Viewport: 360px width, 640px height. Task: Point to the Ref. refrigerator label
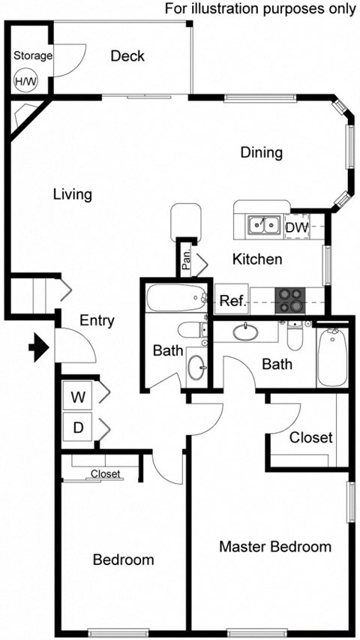(230, 302)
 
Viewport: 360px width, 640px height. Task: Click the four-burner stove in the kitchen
(290, 300)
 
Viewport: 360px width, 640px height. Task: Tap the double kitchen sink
(263, 224)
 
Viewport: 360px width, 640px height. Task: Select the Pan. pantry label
(185, 259)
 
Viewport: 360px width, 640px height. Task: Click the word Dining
(261, 152)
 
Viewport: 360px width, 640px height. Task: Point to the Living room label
(73, 194)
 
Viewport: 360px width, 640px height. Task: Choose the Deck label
(127, 56)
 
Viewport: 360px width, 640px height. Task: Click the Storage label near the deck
(33, 56)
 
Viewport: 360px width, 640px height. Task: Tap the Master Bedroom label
(274, 546)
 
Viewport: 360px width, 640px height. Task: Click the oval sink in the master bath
(247, 331)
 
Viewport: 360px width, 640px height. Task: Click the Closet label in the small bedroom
(105, 473)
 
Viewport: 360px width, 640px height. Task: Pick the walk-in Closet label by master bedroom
(310, 437)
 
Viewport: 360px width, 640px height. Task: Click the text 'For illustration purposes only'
(260, 9)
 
